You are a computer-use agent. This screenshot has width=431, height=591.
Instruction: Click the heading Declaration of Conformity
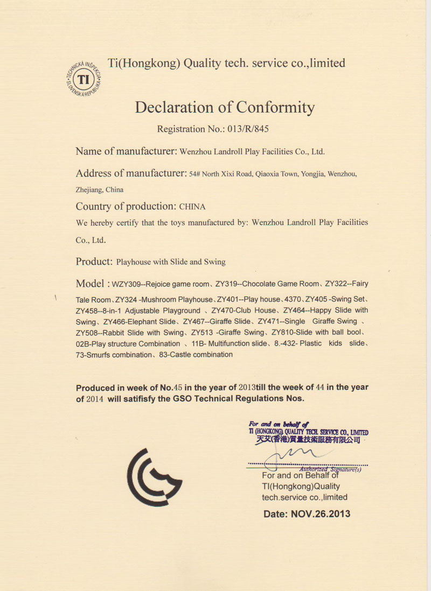coord(225,107)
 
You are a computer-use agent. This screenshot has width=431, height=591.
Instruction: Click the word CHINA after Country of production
coord(192,206)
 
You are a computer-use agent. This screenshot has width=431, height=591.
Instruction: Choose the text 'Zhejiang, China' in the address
coord(100,189)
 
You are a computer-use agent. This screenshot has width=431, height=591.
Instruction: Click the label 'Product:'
coord(94,262)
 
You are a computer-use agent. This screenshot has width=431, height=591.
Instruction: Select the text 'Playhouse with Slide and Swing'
coord(171,262)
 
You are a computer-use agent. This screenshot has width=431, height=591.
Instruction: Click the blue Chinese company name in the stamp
coord(307,440)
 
